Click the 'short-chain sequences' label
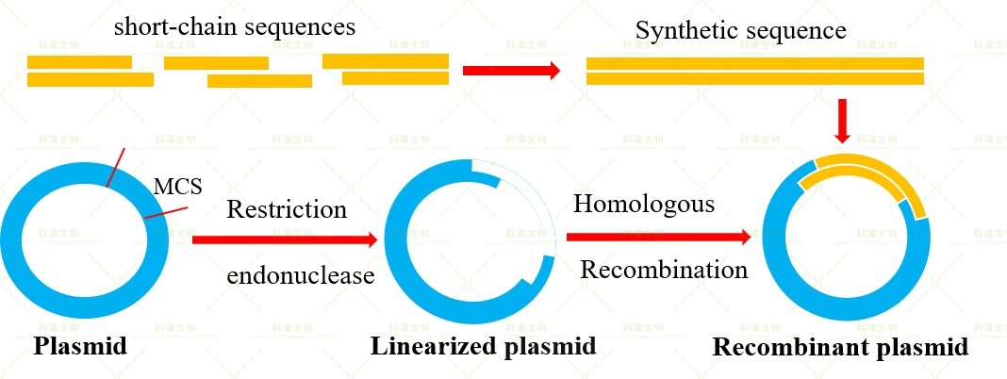click(x=235, y=26)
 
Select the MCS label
click(x=177, y=186)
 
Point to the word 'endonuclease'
click(x=301, y=275)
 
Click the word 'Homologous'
click(x=644, y=204)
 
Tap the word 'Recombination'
click(x=664, y=270)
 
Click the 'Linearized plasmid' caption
click(x=483, y=346)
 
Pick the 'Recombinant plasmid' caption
click(x=840, y=347)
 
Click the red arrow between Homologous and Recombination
click(x=659, y=236)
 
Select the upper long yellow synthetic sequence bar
click(x=754, y=63)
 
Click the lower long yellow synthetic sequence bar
click(x=754, y=79)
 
